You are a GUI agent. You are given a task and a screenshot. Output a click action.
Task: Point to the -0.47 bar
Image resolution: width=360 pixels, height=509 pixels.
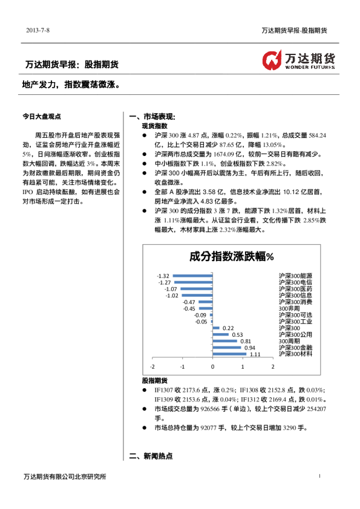point(205,302)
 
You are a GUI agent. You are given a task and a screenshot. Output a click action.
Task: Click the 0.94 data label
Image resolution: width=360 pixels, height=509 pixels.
point(249,348)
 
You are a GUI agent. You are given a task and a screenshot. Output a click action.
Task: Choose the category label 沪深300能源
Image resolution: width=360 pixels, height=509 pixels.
point(295,276)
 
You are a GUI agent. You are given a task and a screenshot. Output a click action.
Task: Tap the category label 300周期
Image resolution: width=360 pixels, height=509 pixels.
point(289,341)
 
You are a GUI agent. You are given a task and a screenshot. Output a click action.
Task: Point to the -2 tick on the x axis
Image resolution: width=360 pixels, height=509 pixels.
point(152,366)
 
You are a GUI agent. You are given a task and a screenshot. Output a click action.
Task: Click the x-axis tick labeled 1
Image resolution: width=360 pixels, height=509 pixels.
point(243,366)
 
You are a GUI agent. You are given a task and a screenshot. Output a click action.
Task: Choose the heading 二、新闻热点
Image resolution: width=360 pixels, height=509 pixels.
point(151,456)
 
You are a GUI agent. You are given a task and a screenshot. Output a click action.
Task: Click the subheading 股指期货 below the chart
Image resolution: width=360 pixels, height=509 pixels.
point(154,381)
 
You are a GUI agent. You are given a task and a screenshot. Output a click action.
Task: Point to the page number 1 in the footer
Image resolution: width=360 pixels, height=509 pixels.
point(319,477)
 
